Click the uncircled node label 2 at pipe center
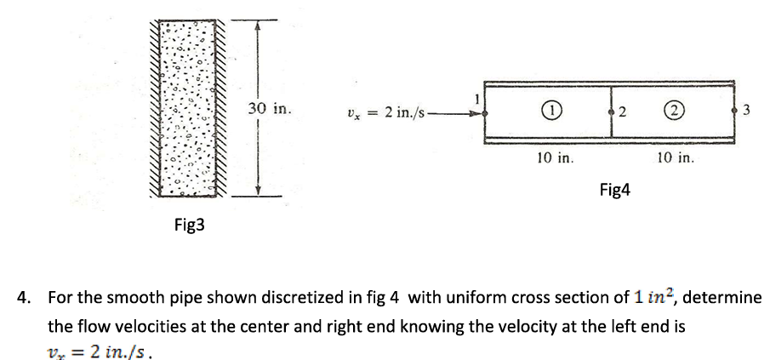pos(623,111)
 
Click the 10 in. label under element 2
pos(677,157)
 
